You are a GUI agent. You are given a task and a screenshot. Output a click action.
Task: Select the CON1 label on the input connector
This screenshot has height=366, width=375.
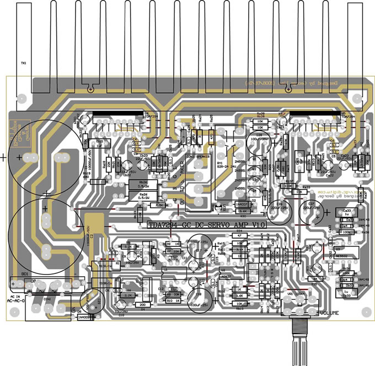pyautogui.click(x=46, y=299)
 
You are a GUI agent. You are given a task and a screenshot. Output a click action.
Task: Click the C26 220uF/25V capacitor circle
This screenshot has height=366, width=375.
pyautogui.click(x=282, y=212)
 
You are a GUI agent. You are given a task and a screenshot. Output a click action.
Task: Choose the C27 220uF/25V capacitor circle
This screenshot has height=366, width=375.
pyautogui.click(x=310, y=212)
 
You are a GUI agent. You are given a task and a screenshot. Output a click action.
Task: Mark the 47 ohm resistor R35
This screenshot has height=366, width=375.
pyautogui.click(x=239, y=235)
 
